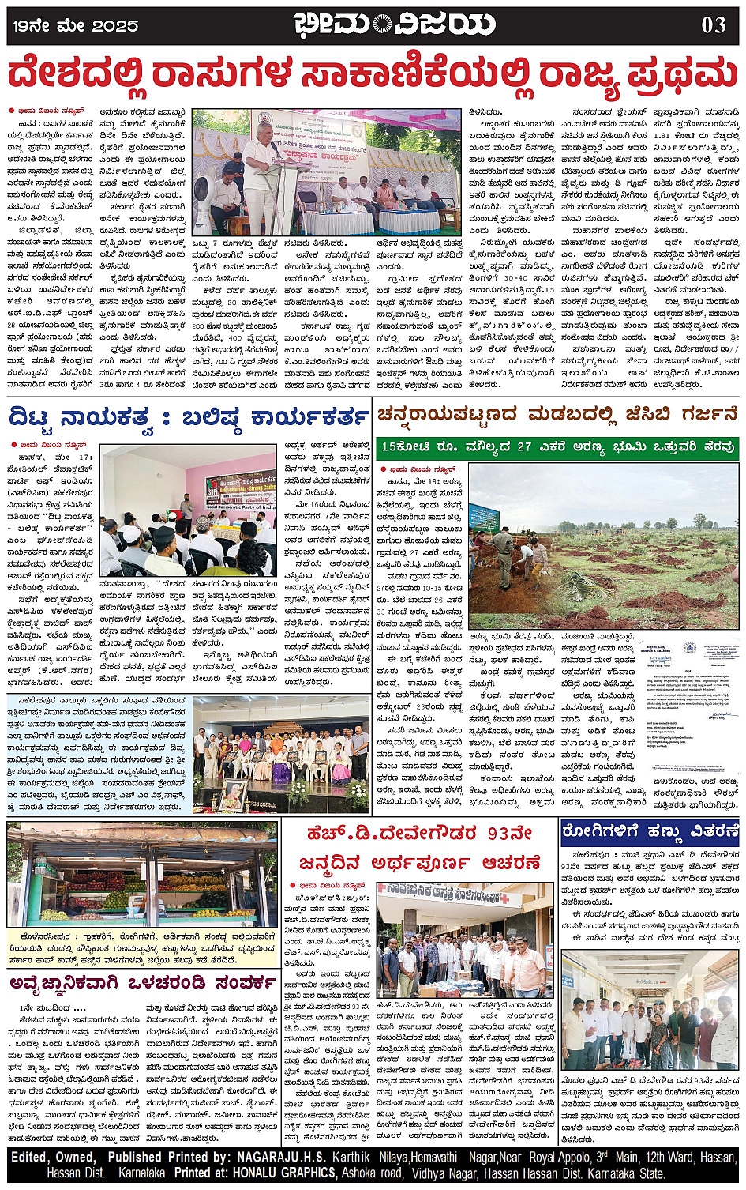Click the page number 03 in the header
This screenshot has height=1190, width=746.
(713, 24)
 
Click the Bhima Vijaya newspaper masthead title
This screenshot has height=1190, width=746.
(394, 24)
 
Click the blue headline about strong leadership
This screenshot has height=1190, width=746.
(188, 416)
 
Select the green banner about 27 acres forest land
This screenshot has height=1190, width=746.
(557, 447)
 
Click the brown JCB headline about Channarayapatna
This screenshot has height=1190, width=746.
(557, 415)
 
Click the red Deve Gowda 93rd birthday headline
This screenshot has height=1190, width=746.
(420, 847)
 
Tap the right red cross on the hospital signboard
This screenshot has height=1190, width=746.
(512, 898)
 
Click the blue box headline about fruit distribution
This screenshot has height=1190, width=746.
(650, 831)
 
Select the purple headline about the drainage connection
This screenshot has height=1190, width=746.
(142, 982)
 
